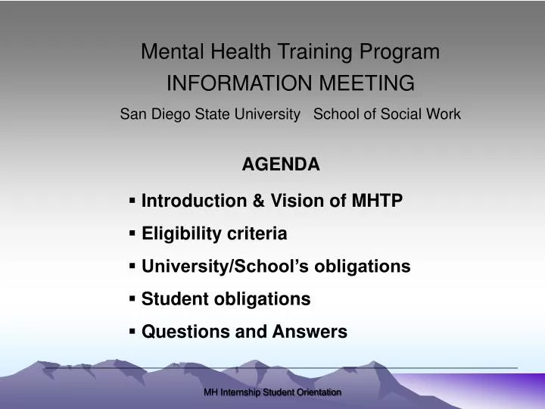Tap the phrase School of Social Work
coord(386,114)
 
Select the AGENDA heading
coord(281,164)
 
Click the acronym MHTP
coord(377,201)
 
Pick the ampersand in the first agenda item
coord(258,201)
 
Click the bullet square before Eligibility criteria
coord(133,233)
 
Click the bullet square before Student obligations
coord(133,298)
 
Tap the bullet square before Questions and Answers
coord(133,331)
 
